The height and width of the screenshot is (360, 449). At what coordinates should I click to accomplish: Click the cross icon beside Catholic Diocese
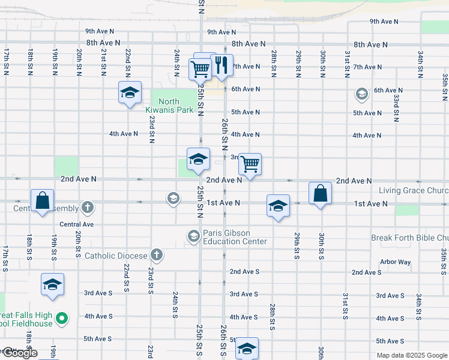pyautogui.click(x=157, y=256)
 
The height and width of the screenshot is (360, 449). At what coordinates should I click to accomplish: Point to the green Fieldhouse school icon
pyautogui.click(x=61, y=318)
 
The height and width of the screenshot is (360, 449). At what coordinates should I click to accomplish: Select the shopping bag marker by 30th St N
pyautogui.click(x=321, y=193)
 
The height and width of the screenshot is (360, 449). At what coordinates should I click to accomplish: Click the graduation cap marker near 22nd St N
pyautogui.click(x=130, y=93)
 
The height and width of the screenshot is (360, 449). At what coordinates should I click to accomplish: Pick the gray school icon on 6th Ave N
pyautogui.click(x=361, y=94)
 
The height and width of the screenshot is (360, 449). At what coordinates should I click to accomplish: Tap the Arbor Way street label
pyautogui.click(x=396, y=262)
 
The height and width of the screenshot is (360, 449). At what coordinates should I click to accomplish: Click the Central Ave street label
pyautogui.click(x=77, y=224)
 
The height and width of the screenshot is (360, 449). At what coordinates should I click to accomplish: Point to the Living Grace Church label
pyautogui.click(x=413, y=191)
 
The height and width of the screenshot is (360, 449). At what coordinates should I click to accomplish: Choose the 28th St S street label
pyautogui.click(x=273, y=316)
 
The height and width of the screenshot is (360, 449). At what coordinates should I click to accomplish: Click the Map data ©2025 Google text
pyautogui.click(x=412, y=355)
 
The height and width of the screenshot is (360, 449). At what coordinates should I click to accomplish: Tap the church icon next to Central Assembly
pyautogui.click(x=88, y=208)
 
